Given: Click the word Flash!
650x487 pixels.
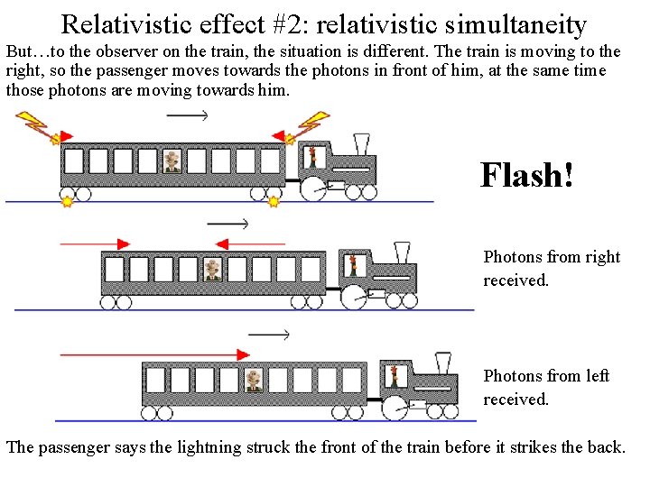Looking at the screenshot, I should coord(526,174).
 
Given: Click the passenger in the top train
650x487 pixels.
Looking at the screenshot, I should coord(172,161).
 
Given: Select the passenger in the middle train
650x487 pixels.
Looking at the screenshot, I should coord(212,269).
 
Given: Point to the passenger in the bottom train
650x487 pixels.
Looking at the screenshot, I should coord(254,379).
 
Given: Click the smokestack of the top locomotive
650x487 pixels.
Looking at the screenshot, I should coord(362,143).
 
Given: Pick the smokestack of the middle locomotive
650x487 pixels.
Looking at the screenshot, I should coord(403,252).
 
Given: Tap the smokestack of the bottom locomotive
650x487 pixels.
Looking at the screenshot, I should coord(443,363).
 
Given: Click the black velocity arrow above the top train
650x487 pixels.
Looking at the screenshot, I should coord(188,115).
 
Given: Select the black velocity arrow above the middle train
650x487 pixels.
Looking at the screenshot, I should coord(228,224).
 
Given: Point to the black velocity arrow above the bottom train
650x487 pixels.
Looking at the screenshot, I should coord(269,335).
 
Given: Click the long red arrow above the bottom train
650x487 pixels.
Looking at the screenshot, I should coord(153,355).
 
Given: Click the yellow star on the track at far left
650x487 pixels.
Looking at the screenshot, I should coord(67,203).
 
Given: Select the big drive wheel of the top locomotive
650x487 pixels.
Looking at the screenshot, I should coord(312,188).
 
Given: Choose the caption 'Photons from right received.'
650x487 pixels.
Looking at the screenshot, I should coord(551,268).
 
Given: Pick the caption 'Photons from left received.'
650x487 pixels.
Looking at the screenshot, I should coord(546,387).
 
